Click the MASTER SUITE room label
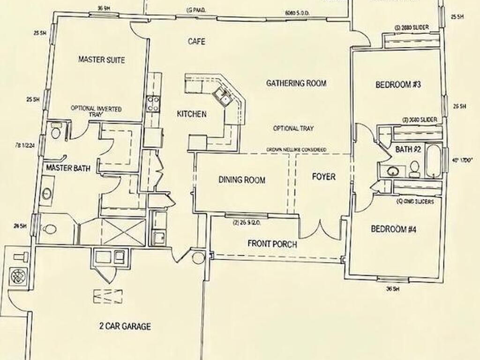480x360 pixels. coord(101,60)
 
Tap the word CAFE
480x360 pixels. coord(196,42)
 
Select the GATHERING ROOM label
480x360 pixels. coord(296,83)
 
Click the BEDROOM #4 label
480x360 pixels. coord(394,229)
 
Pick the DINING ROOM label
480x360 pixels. coord(242,180)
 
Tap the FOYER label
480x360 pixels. coord(323,177)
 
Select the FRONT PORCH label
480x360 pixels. coord(272,244)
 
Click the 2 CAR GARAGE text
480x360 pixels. coord(125,326)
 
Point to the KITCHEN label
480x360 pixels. coord(192,114)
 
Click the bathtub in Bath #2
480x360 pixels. coord(433,161)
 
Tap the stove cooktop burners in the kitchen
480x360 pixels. coord(153,103)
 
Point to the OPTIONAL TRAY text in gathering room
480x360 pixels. coord(293,128)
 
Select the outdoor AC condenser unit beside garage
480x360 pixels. coord(18,274)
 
